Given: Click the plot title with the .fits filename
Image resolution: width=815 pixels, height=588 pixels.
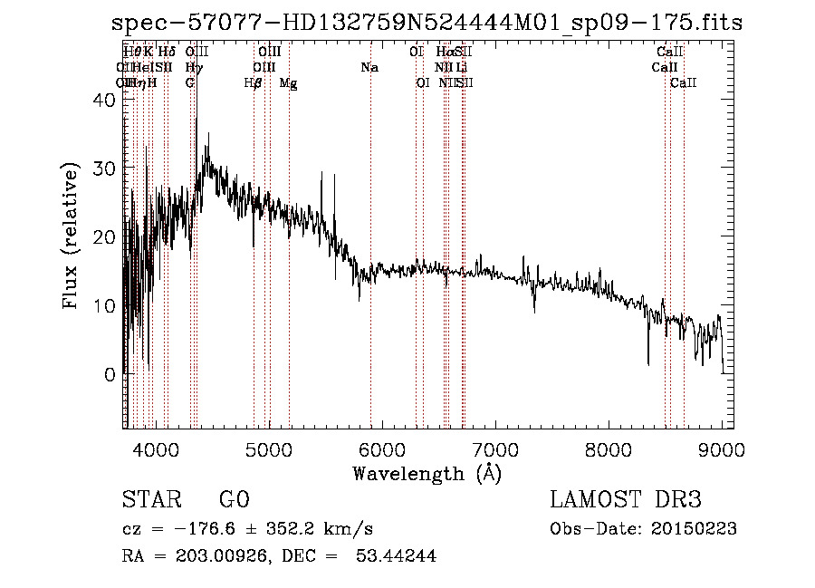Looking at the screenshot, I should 425,23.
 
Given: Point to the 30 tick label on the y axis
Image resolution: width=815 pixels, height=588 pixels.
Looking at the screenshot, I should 105,169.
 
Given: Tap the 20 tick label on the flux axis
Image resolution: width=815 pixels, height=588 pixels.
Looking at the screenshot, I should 105,237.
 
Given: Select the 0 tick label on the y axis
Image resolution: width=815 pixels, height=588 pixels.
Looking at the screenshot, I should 110,373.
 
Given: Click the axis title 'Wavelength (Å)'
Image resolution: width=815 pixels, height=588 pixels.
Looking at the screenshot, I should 427,473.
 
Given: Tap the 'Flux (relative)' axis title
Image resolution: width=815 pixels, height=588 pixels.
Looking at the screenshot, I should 71,237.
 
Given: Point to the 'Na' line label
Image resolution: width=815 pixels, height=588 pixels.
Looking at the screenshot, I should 369,67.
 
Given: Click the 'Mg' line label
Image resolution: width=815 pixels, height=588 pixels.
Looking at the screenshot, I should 288,83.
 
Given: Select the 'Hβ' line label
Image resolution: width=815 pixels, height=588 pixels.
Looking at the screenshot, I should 254,83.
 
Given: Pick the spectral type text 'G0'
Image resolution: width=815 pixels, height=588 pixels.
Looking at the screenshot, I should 234,500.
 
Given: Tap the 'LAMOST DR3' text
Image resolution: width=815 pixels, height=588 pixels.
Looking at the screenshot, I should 626,500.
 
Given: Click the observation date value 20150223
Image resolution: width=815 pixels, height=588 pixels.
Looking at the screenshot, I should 692,529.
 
